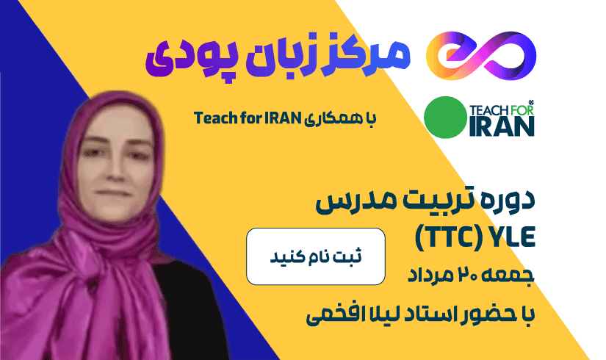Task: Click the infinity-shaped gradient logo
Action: (482, 56)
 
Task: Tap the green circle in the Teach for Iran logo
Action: (445, 117)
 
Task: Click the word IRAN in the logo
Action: (502, 126)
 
